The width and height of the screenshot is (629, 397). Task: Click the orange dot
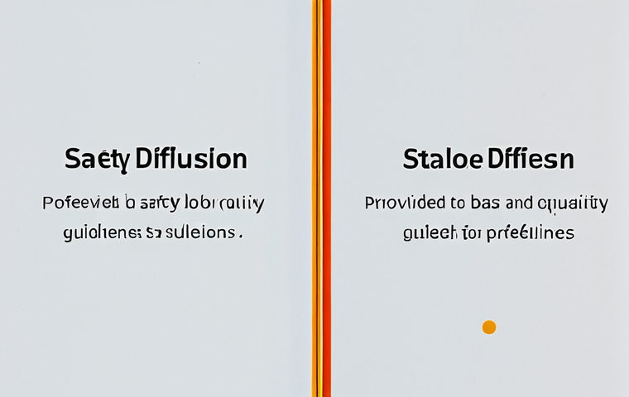(489, 327)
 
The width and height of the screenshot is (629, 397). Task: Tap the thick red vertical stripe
(326, 198)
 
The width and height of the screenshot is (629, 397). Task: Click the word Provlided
(400, 203)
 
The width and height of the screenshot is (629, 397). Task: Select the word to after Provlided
(458, 203)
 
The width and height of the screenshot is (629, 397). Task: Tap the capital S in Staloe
(410, 159)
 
